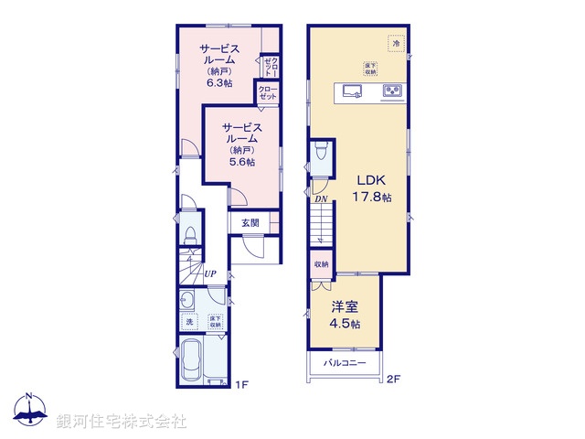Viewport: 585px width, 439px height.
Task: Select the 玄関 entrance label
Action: point(250,222)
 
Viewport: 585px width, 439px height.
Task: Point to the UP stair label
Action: point(210,273)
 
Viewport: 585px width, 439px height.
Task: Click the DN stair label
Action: point(322,198)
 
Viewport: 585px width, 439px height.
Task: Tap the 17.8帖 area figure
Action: point(373,198)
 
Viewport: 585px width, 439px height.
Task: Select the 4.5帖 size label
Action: point(346,325)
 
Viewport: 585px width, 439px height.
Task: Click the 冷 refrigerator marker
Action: point(396,43)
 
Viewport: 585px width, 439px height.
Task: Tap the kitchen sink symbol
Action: point(353,90)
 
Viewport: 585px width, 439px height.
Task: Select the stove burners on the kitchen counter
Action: point(393,90)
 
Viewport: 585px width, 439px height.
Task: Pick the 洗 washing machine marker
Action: point(190,322)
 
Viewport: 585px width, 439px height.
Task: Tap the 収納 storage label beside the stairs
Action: point(321,264)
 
